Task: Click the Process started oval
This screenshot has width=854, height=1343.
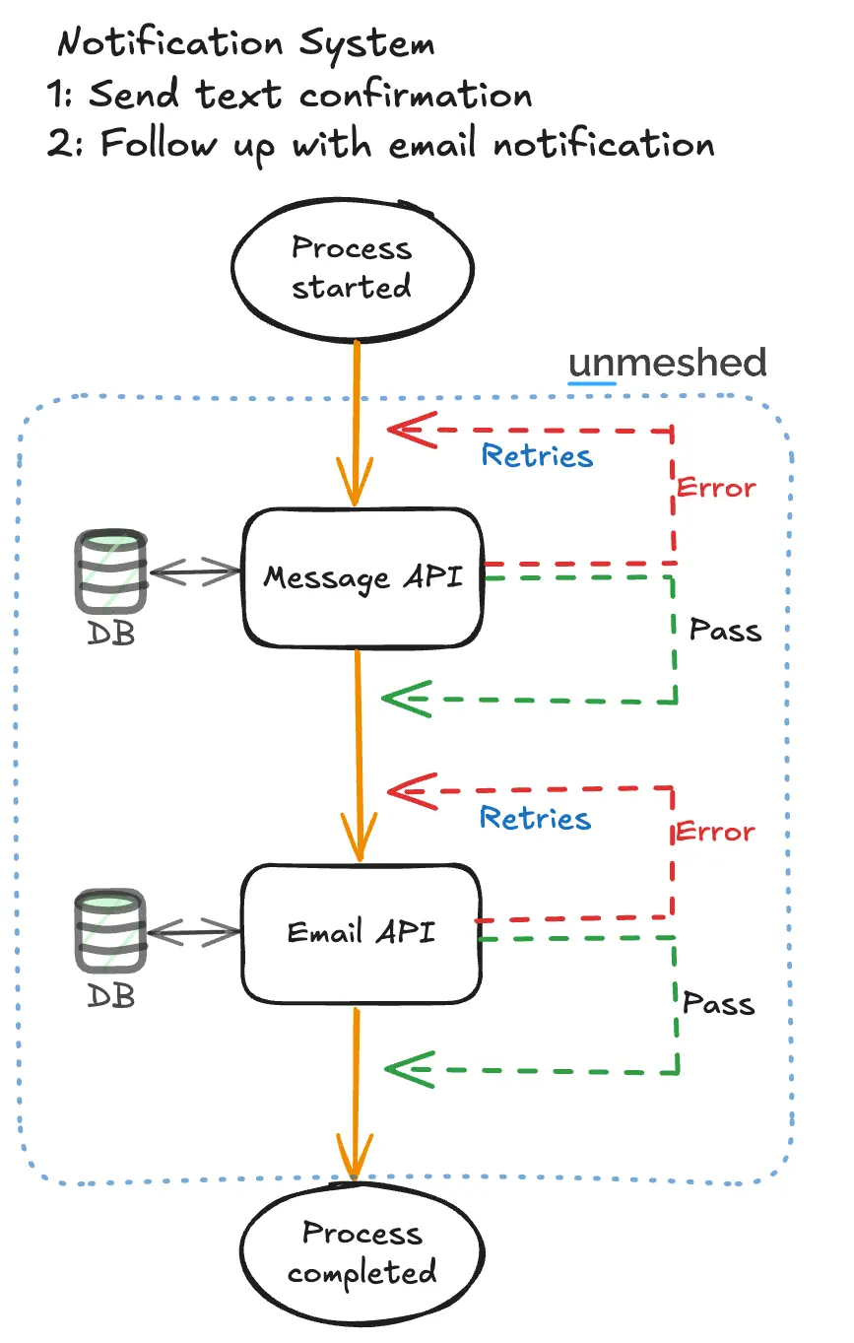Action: click(351, 266)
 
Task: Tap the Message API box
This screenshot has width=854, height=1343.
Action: click(362, 576)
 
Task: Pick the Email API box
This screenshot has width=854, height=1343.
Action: click(361, 931)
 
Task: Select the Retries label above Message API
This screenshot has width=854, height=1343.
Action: click(537, 456)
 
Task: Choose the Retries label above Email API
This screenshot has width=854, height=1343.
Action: click(536, 818)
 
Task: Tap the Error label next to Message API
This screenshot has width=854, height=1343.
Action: click(716, 488)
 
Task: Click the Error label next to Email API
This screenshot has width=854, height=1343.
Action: click(715, 832)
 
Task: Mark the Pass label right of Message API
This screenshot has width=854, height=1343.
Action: click(725, 630)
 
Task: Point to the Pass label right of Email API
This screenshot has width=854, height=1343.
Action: click(718, 1003)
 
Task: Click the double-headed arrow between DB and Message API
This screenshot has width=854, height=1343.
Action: click(195, 571)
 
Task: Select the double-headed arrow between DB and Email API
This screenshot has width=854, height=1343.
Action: click(194, 930)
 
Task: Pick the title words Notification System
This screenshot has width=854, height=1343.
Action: click(246, 44)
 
